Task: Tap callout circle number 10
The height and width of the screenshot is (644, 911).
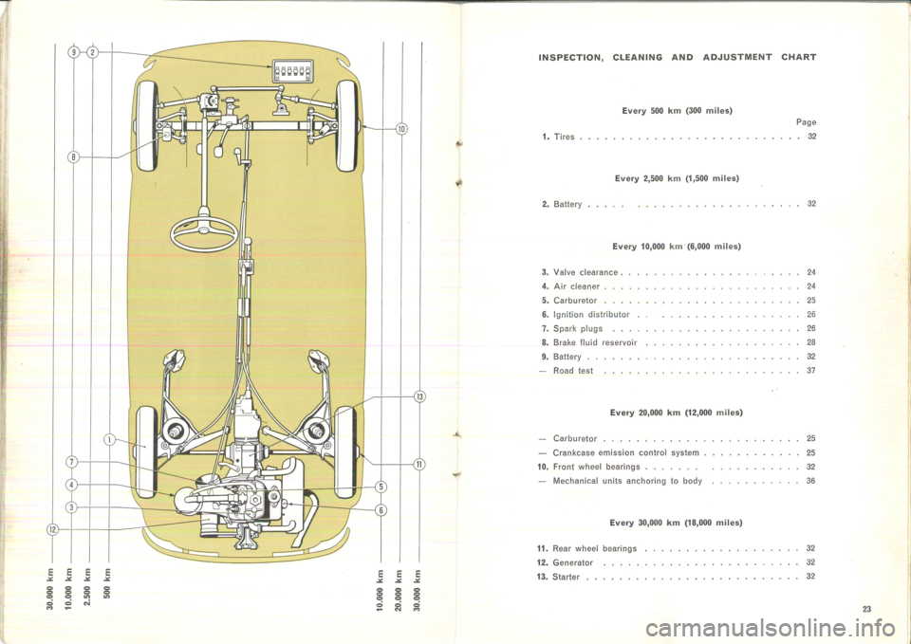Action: (402, 128)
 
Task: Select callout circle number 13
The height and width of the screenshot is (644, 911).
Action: (420, 397)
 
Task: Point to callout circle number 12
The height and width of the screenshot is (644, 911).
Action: (51, 529)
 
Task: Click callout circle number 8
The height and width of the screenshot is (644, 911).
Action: (74, 157)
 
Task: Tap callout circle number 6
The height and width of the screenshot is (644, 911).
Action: (381, 510)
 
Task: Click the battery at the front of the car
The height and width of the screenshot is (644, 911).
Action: (293, 71)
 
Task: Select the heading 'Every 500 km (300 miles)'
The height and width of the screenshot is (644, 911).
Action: (677, 110)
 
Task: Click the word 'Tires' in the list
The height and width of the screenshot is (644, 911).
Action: (564, 137)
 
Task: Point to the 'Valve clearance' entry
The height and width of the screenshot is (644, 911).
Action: (586, 272)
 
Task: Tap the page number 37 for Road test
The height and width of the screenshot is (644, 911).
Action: (811, 371)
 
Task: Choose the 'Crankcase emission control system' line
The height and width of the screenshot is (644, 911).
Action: (625, 453)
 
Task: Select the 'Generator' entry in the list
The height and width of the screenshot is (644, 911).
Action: (572, 562)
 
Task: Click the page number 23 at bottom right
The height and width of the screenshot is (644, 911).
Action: (866, 609)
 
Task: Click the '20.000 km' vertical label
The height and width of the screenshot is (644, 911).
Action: (398, 589)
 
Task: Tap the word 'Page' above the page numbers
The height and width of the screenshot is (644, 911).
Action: (806, 122)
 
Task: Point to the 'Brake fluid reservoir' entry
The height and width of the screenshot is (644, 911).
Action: (595, 342)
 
